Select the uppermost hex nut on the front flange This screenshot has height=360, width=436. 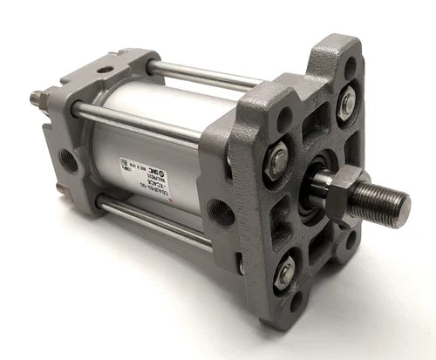click(x=346, y=103)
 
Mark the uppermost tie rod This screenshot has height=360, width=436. click(x=201, y=75)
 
